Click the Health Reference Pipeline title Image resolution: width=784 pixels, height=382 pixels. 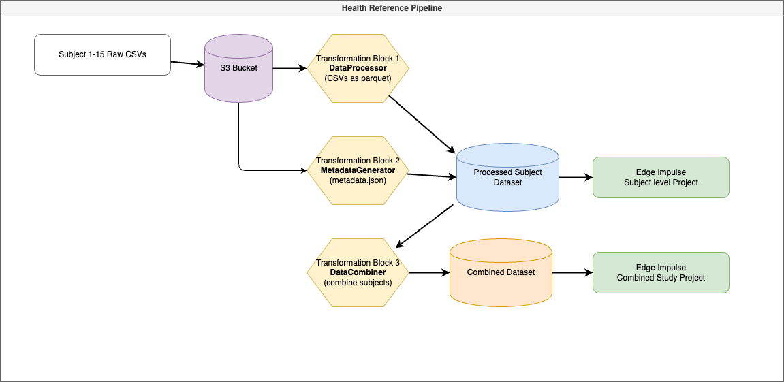tap(392, 8)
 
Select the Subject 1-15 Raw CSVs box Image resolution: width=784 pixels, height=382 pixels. tap(102, 54)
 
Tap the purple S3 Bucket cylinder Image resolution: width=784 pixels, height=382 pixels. tap(238, 68)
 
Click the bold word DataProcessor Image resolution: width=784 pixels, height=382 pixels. tap(358, 68)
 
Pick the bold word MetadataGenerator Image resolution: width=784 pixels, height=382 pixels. tap(358, 170)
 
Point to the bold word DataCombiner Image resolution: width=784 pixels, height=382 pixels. tap(358, 272)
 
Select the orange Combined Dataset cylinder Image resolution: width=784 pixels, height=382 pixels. tap(501, 272)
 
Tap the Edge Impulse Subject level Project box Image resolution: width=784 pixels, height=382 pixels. tap(661, 178)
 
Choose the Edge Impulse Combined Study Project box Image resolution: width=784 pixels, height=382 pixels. tap(661, 273)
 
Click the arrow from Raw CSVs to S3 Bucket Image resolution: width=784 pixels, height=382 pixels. tap(187, 63)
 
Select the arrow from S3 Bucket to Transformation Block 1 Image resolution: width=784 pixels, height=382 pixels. tap(289, 68)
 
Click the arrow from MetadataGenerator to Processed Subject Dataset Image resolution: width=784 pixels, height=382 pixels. tap(430, 176)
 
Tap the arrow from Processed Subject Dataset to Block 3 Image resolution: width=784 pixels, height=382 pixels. tap(425, 225)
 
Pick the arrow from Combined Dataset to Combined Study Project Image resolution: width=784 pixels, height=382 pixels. tap(572, 273)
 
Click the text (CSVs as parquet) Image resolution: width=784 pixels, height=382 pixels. tap(358, 78)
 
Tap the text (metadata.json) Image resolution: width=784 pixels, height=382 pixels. tap(358, 180)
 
